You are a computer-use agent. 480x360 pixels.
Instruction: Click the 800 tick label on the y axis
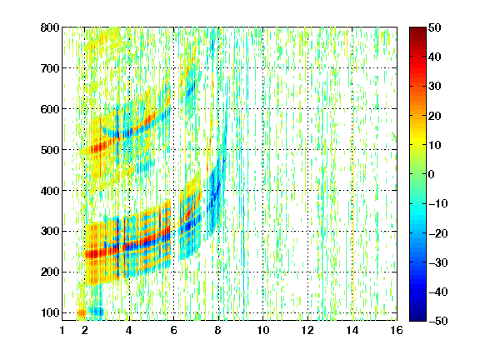(x=50, y=27)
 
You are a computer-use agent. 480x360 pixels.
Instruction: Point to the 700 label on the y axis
(x=50, y=68)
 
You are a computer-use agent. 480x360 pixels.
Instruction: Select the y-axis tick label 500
(x=50, y=150)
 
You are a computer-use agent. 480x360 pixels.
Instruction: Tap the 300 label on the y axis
(x=50, y=231)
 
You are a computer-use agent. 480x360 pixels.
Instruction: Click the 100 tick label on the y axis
(x=50, y=312)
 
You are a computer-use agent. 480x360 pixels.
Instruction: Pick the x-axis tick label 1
(x=62, y=330)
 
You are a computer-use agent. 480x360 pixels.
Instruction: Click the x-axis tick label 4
(x=129, y=330)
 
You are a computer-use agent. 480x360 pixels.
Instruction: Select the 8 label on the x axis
(x=218, y=330)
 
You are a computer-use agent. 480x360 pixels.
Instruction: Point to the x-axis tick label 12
(x=307, y=330)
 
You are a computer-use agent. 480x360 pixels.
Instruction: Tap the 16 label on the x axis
(x=397, y=330)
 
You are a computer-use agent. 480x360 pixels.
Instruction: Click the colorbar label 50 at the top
(x=434, y=27)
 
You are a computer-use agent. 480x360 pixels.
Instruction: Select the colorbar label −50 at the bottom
(x=438, y=321)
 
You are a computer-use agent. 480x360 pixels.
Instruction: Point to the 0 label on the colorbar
(x=432, y=174)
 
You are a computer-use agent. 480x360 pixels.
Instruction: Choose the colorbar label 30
(x=434, y=87)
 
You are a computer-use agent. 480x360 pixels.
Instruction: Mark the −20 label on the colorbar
(x=438, y=233)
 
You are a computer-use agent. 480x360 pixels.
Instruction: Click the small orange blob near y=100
(x=82, y=313)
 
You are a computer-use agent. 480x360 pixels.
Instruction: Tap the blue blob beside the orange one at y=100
(x=97, y=312)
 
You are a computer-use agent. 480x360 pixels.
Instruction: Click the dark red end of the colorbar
(x=417, y=30)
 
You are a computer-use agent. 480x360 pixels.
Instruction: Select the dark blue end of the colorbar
(x=417, y=318)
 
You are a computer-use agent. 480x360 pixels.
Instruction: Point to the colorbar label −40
(x=438, y=292)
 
